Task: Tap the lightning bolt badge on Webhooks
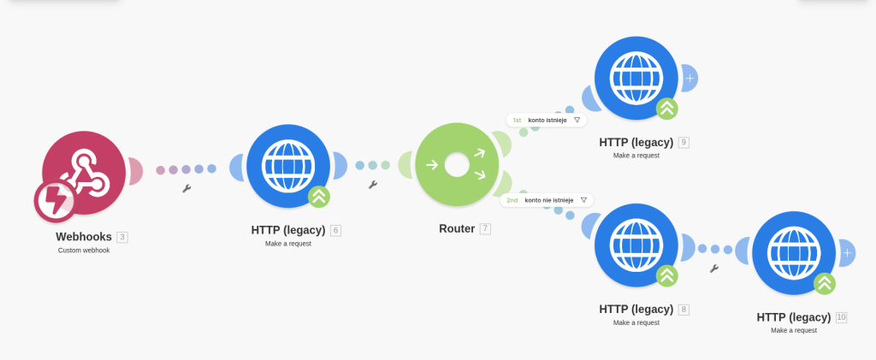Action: point(55,201)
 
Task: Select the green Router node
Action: point(456,164)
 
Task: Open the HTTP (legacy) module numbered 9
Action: point(636,78)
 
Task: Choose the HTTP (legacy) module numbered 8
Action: point(636,245)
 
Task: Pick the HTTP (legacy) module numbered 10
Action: point(793,252)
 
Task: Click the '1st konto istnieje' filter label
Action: point(546,121)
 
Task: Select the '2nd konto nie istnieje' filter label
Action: point(546,200)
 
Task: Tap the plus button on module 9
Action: point(690,78)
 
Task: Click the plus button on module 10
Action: point(847,252)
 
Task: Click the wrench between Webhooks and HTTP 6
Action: point(186,188)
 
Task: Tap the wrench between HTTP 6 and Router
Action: point(372,184)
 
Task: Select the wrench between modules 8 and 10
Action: point(714,269)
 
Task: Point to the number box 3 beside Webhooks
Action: point(122,237)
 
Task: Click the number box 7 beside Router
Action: point(485,228)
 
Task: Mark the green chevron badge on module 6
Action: point(319,197)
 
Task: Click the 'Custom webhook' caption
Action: point(84,251)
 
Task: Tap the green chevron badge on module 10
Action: point(824,283)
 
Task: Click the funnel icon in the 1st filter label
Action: point(577,121)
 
